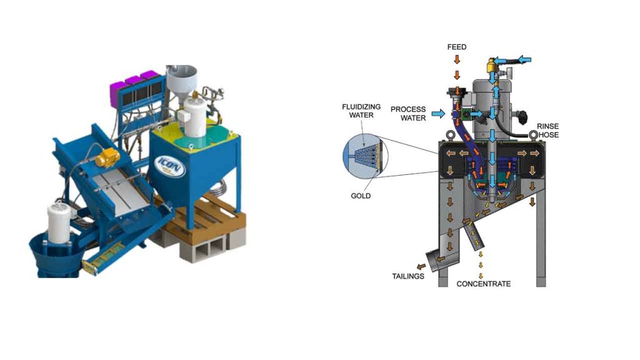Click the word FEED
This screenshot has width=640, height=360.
[457, 47]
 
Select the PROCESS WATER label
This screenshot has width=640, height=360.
[408, 113]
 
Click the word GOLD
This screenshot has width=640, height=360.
[361, 196]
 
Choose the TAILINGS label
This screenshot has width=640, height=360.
[408, 276]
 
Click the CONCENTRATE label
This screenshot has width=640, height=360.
[483, 284]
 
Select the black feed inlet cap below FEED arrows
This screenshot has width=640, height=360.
[457, 96]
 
